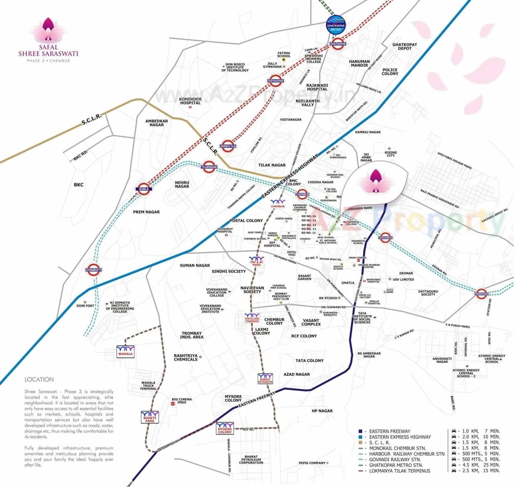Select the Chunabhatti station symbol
94,270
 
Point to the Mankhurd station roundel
481,294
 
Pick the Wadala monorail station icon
125,351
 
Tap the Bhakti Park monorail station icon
149,417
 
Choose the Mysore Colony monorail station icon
225,428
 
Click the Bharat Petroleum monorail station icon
265,379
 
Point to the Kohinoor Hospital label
190,101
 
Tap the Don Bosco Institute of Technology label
235,67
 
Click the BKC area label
79,185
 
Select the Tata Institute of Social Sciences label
362,318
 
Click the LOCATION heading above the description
39,379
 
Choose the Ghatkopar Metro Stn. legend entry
396,465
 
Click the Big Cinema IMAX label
182,401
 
